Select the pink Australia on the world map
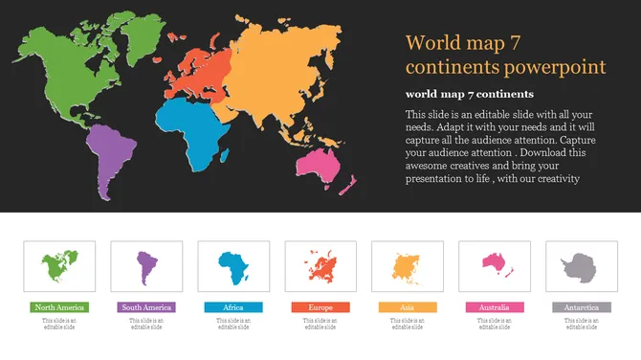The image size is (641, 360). [x=324, y=169]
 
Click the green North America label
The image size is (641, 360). [x=59, y=307]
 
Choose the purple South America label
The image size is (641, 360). [x=146, y=307]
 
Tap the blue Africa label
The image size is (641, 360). [x=233, y=307]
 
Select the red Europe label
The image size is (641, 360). [x=320, y=307]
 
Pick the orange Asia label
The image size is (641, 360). [x=408, y=307]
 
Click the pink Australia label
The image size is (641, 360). [x=495, y=307]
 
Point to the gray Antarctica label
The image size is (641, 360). [x=582, y=307]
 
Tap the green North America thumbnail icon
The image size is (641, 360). [x=59, y=265]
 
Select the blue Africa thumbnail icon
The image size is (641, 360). [x=233, y=265]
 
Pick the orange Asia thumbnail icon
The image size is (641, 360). [x=408, y=265]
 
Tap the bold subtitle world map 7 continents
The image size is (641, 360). [x=470, y=94]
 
